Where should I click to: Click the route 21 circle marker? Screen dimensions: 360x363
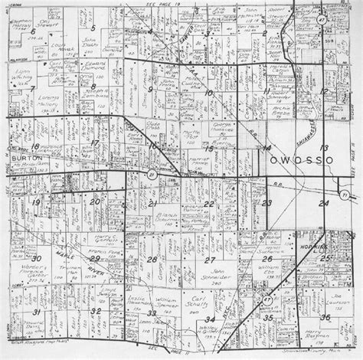[151, 176]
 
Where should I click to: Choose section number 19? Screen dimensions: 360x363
[36, 201]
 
